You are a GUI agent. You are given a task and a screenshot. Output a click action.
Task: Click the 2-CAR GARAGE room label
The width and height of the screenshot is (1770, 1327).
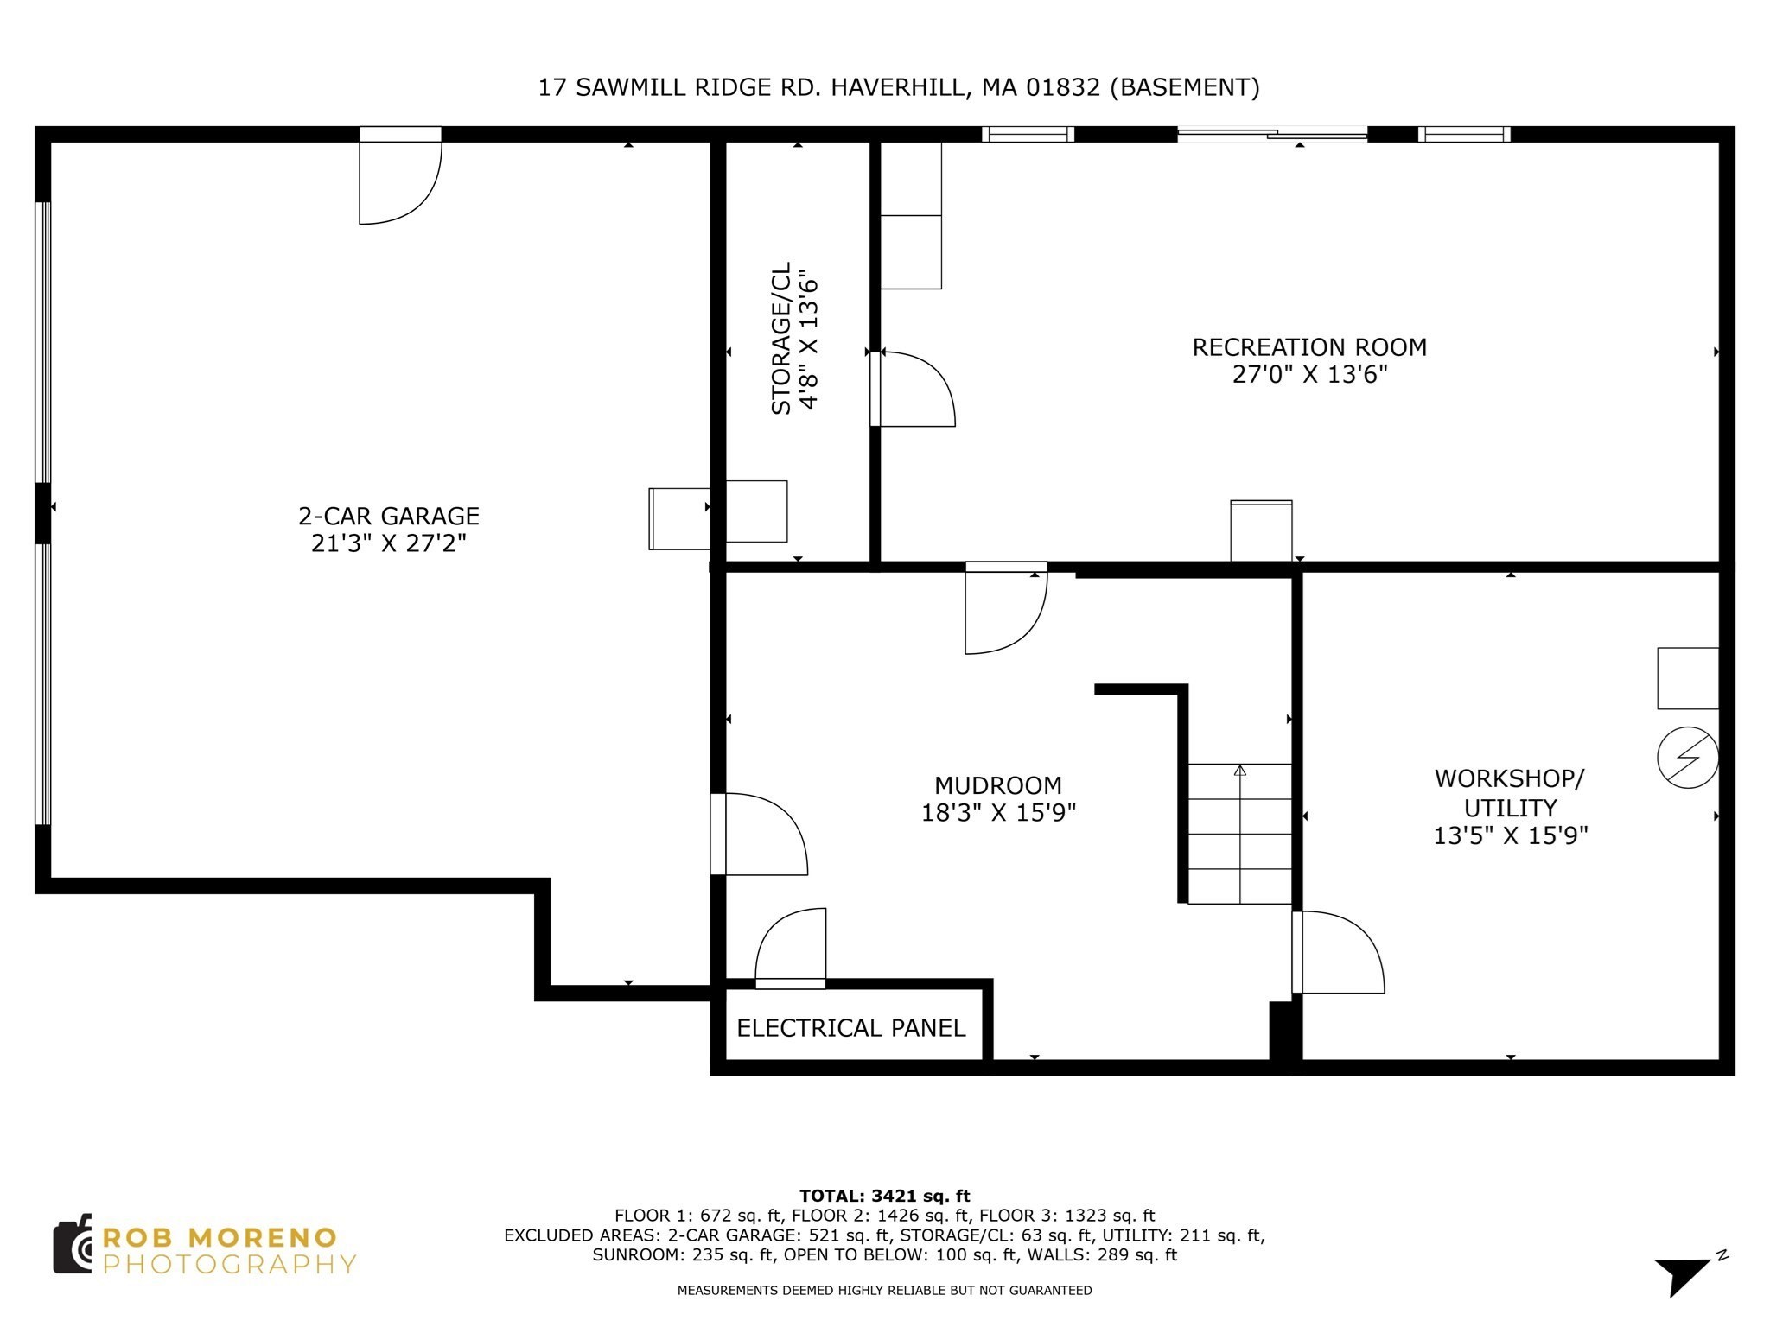click(388, 517)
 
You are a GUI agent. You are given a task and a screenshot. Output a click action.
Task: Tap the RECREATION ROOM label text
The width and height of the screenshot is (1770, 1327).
click(1308, 348)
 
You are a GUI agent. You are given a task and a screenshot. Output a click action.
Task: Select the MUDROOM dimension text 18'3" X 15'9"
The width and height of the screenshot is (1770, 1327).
click(998, 813)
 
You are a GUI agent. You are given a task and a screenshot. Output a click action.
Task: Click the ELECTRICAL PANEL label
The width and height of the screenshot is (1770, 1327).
click(850, 1028)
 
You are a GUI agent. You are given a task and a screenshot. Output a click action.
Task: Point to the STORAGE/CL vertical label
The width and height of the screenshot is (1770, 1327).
click(781, 338)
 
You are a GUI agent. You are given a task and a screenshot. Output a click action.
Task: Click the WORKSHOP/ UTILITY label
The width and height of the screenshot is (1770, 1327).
click(1509, 793)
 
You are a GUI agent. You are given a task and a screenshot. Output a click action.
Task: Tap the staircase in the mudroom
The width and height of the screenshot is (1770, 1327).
click(1239, 834)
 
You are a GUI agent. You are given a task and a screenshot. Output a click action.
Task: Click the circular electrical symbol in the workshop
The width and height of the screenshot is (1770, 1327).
click(1687, 758)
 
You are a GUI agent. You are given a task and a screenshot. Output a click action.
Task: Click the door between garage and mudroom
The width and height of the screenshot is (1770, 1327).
click(761, 834)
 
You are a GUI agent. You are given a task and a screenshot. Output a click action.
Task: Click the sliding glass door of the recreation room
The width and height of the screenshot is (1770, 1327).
click(1272, 134)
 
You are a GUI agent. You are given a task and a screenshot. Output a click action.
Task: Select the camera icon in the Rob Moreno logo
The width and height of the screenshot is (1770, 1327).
click(73, 1244)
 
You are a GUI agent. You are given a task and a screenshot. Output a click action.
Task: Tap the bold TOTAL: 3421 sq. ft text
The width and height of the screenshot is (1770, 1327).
click(884, 1196)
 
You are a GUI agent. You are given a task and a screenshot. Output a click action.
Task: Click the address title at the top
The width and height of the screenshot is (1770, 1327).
click(898, 87)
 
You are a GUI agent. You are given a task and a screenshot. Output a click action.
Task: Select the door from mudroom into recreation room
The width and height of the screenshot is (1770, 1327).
click(1005, 609)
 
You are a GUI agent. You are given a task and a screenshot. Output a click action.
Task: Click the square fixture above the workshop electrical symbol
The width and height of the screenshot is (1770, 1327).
click(1687, 678)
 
